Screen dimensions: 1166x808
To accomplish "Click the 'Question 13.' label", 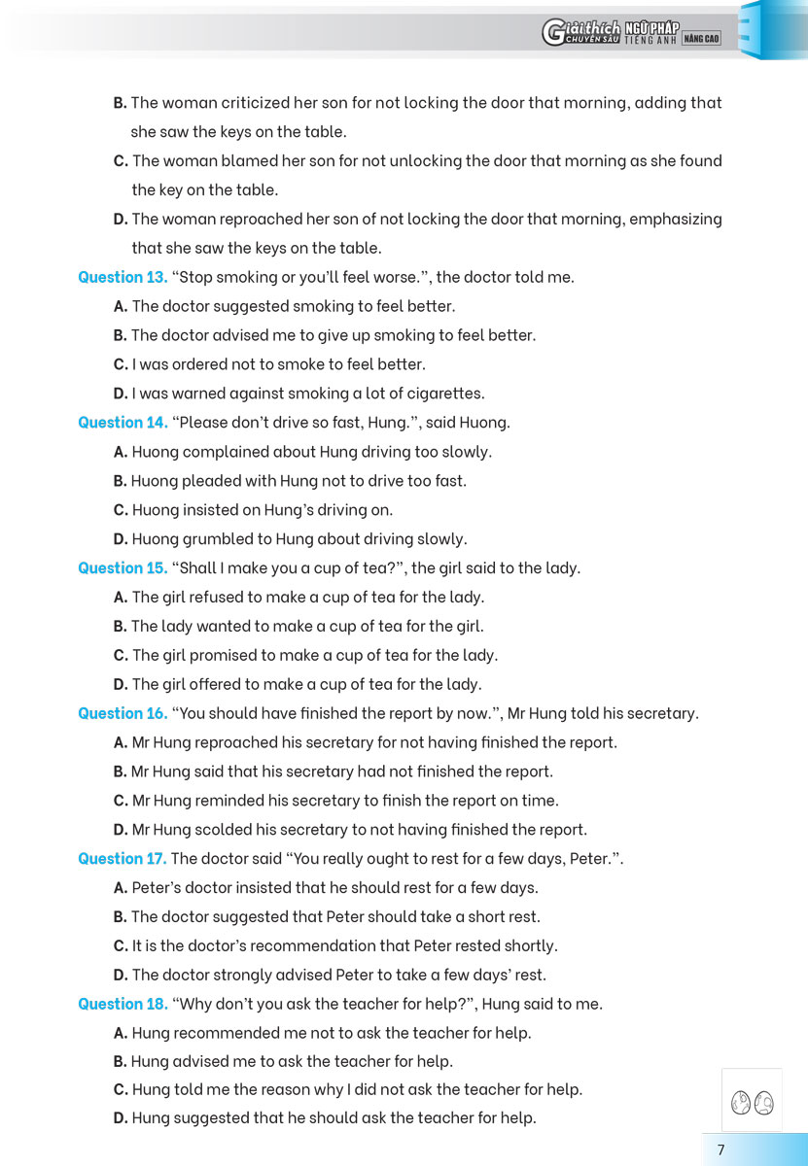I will coord(123,277).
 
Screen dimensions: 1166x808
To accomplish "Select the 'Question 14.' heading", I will coord(123,423).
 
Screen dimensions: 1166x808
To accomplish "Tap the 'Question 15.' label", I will coord(123,568).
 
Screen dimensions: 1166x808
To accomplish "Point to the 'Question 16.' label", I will coord(123,713).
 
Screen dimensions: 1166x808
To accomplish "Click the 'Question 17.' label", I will coord(123,859).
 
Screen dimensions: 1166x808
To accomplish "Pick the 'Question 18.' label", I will coord(123,1004).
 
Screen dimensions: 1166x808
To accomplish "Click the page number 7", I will coord(720,1149).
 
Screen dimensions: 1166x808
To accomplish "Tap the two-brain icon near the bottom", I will coord(752,1102).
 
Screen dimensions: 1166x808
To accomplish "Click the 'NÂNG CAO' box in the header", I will coord(702,38).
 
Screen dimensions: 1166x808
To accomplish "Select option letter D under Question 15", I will coord(121,684).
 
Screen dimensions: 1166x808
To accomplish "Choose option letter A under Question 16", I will coord(121,742).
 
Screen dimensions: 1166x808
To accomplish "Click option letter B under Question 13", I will coord(121,335).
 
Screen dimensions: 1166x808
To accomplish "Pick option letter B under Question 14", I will coord(121,481).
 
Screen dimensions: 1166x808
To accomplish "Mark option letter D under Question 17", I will coord(121,975).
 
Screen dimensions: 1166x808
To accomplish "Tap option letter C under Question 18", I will coord(121,1089).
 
